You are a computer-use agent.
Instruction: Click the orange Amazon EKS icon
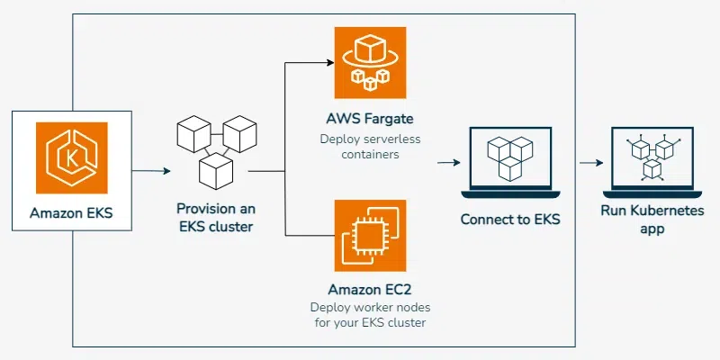pos(71,157)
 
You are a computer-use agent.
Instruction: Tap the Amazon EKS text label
pos(71,214)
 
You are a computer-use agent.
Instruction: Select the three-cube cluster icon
pos(215,150)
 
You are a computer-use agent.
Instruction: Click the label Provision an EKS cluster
pos(215,218)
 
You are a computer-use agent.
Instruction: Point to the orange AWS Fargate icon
pos(370,63)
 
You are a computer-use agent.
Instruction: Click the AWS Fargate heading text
pos(370,119)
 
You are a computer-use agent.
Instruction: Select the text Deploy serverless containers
pos(370,147)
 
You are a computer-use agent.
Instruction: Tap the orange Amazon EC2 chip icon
pos(370,236)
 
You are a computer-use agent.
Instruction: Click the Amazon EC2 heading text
pos(370,291)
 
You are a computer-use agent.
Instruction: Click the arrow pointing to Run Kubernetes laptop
pos(590,163)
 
